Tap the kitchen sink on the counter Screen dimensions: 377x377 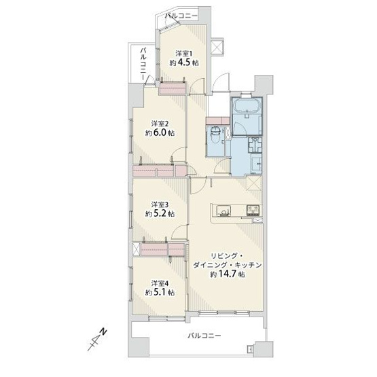tap(225, 211)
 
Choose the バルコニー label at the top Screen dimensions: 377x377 tap(181, 14)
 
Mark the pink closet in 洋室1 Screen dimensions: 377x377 tap(173, 88)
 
